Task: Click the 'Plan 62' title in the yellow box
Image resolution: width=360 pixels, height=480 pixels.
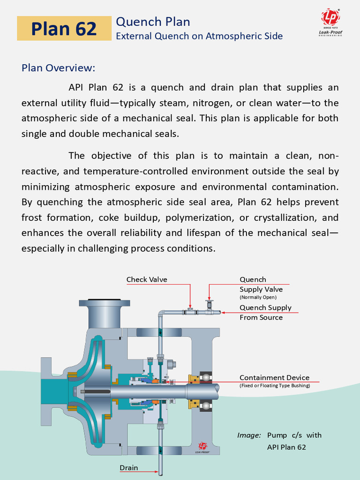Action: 64,29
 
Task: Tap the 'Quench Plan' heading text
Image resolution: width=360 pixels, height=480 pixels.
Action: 153,22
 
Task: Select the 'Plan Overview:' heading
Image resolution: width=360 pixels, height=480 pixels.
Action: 58,68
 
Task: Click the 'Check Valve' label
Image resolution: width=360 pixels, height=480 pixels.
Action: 147,280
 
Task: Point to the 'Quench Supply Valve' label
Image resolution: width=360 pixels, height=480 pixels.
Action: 261,285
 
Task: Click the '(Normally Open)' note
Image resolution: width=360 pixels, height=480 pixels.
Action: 258,297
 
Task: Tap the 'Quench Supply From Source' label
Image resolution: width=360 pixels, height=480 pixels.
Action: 265,313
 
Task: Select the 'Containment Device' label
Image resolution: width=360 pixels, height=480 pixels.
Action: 274,378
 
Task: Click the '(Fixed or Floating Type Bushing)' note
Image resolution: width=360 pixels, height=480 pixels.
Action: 275,386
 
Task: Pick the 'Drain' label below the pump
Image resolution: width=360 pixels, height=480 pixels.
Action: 129,468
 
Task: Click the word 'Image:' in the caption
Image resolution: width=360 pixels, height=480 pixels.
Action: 249,435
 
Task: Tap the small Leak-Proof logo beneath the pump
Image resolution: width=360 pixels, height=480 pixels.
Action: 202,447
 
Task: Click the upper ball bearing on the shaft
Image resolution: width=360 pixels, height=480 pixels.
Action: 205,377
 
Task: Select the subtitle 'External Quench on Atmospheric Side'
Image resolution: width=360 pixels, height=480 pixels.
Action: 199,36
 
